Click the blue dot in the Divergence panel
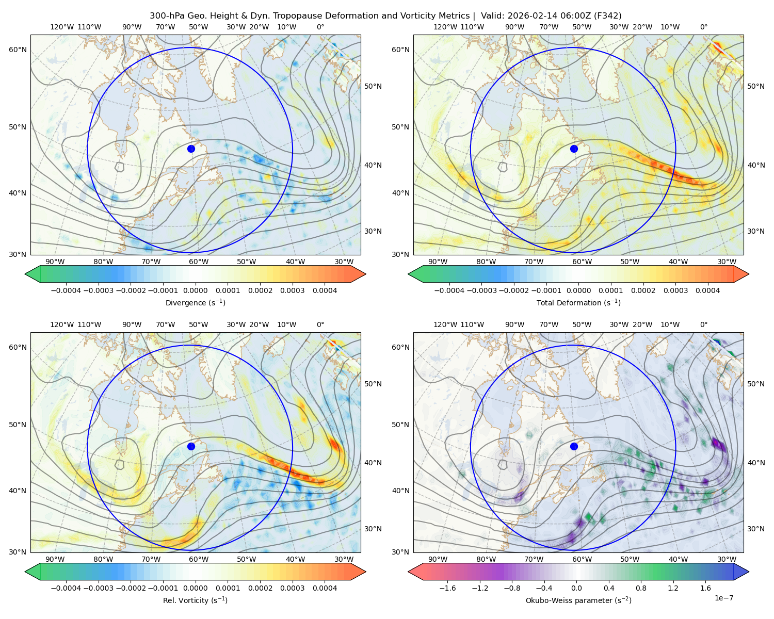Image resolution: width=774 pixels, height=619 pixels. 191,149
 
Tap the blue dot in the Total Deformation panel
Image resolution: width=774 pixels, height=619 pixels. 574,149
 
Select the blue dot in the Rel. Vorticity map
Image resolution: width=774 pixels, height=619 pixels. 191,446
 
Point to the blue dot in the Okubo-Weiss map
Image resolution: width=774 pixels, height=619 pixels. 574,446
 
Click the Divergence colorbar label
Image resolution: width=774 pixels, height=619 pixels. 195,303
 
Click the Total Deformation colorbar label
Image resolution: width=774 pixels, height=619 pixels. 578,303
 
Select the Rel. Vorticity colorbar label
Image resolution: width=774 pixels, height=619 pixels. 195,600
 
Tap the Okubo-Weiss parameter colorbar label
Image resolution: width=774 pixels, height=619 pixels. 578,600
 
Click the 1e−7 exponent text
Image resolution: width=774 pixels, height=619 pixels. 723,598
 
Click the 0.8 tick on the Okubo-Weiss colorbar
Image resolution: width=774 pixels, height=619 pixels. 641,588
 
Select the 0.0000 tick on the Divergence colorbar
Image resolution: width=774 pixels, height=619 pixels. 195,290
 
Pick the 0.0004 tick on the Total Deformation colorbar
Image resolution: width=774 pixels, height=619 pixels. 707,290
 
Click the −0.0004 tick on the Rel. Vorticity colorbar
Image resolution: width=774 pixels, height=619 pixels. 66,588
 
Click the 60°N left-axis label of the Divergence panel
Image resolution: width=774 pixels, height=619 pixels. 18,50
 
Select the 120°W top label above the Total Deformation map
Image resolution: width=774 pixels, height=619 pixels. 445,27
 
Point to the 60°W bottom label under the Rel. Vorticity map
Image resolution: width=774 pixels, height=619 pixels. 199,559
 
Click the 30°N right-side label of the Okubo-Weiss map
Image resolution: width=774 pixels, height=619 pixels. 755,529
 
